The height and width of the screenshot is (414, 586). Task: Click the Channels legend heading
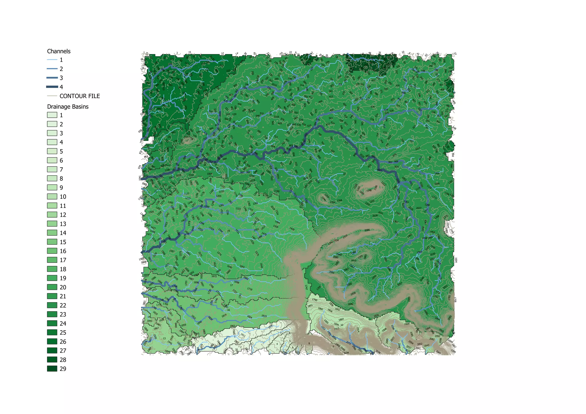59,51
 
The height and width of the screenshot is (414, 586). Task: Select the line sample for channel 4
52,87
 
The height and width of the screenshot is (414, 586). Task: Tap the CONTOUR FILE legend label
80,96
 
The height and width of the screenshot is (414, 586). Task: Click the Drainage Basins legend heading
68,107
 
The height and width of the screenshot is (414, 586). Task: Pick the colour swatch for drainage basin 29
52,369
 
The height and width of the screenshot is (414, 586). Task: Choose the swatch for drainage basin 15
52,242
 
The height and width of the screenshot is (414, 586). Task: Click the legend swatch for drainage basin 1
52,115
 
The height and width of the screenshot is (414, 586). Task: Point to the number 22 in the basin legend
63,305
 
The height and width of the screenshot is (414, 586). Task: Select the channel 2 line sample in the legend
52,69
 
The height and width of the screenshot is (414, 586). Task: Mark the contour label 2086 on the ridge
367,230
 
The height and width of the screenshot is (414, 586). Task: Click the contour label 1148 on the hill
369,190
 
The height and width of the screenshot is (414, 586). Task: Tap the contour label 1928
353,293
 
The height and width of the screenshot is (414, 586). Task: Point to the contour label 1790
315,300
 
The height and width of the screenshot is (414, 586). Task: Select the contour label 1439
292,229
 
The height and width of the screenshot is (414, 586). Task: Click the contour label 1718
250,289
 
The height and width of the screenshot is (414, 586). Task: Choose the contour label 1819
264,316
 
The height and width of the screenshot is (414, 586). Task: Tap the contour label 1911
243,335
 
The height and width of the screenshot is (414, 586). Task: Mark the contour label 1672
214,276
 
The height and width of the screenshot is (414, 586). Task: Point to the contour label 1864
341,319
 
